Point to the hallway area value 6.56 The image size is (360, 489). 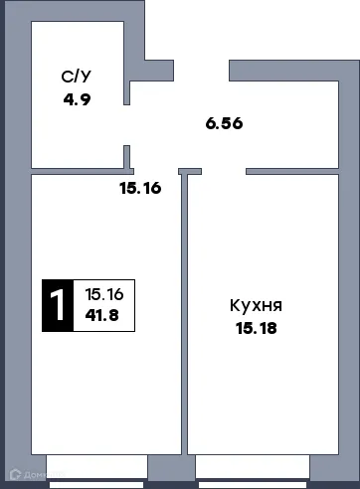pos(224,124)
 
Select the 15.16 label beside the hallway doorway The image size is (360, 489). pos(141,185)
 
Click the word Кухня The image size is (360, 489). pos(256,306)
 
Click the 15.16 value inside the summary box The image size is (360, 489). pos(103,295)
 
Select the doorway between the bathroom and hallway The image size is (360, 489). pos(127,125)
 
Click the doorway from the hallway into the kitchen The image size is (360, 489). pos(225,170)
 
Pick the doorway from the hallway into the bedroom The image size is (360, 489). pos(154,170)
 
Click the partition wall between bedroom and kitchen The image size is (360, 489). pos(183,318)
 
